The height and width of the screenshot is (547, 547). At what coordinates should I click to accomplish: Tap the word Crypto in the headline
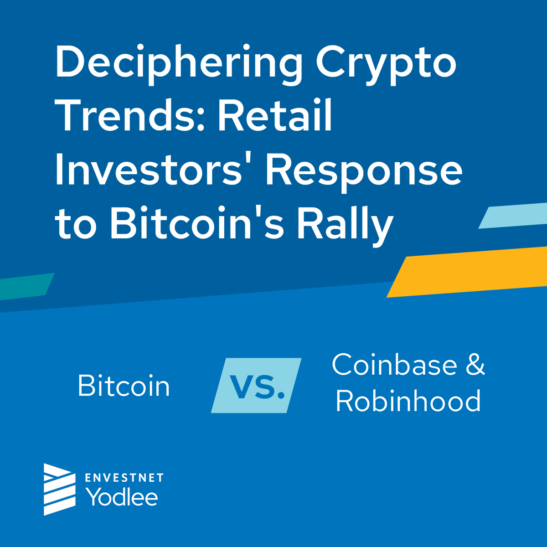386,64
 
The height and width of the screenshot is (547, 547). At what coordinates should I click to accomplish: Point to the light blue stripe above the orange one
513,216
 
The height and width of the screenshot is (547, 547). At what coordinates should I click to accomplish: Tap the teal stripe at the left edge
25,286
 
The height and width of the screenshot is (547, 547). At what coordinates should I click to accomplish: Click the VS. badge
257,386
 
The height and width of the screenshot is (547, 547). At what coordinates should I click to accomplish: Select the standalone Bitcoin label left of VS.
124,386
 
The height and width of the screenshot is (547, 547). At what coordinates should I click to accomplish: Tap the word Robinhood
408,401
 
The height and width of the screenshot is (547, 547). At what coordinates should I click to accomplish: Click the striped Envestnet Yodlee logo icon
59,489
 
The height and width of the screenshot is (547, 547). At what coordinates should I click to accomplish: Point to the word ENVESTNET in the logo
124,478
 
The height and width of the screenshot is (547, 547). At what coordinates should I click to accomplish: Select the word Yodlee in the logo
122,496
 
